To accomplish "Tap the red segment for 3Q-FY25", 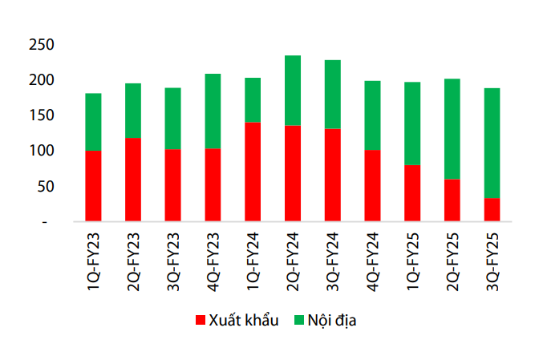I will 492,209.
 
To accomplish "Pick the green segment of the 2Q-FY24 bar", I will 293,91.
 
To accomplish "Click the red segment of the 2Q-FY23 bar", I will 133,180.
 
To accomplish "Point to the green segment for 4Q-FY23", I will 213,111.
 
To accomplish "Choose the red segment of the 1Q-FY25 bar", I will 412,192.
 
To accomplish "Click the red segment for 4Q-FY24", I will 372,185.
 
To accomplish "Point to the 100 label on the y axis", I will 40,151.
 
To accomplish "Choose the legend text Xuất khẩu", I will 243,321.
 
